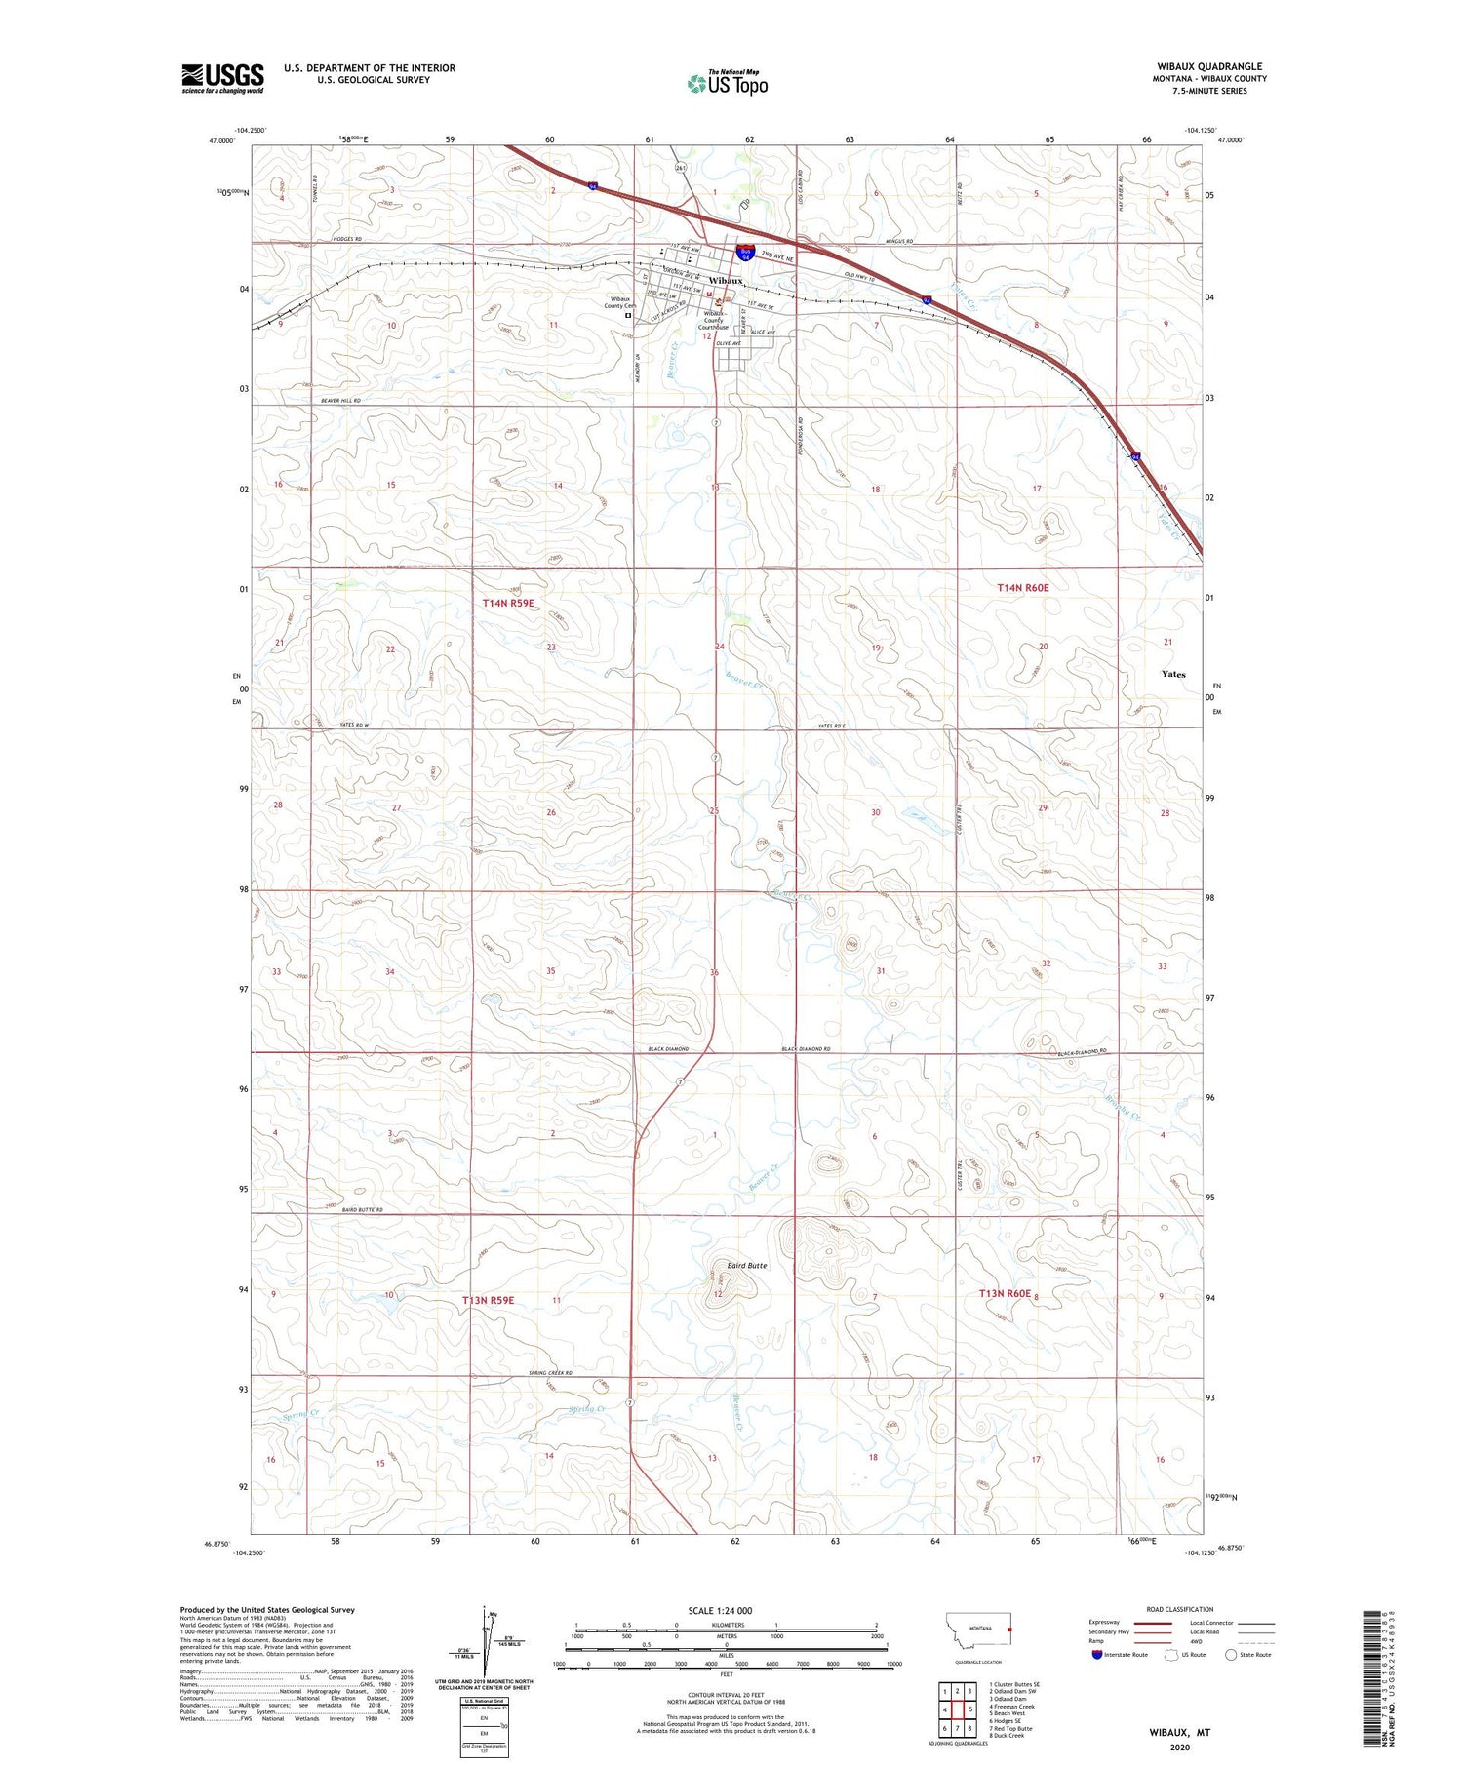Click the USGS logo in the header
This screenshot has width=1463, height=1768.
coord(222,78)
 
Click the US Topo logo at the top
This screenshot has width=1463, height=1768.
coord(727,83)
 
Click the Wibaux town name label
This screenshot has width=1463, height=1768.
coord(726,280)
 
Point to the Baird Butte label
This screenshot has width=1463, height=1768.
coord(747,1265)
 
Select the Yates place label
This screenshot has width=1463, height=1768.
coord(1173,674)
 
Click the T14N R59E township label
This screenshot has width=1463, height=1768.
coord(508,604)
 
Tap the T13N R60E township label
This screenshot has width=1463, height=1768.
coord(1005,1293)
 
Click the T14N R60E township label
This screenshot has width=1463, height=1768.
coord(1022,588)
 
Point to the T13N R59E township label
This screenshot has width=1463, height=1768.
coord(488,1300)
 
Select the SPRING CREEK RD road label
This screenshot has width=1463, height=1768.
coord(550,1373)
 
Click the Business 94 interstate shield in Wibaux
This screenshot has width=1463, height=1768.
coord(746,253)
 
